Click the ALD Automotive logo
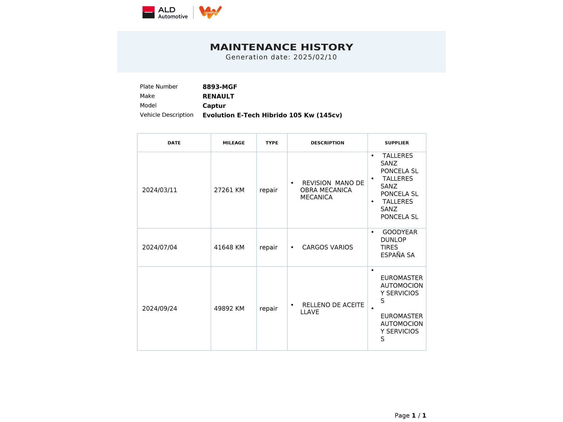(x=165, y=13)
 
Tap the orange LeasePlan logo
(x=210, y=12)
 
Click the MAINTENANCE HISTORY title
(x=281, y=47)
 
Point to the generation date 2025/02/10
(x=315, y=57)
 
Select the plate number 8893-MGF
(x=220, y=87)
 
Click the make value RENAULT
(x=218, y=96)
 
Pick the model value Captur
(x=214, y=106)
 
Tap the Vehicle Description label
(x=166, y=115)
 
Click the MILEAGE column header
(x=233, y=143)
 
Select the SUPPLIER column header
(x=397, y=143)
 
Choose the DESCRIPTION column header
(x=327, y=143)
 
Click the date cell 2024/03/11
(x=160, y=190)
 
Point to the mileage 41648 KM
(x=229, y=248)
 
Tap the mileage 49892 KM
(x=229, y=309)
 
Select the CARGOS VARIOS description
(x=327, y=248)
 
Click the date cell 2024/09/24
(x=160, y=309)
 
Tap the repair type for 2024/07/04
(x=268, y=248)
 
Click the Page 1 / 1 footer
(x=410, y=416)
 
